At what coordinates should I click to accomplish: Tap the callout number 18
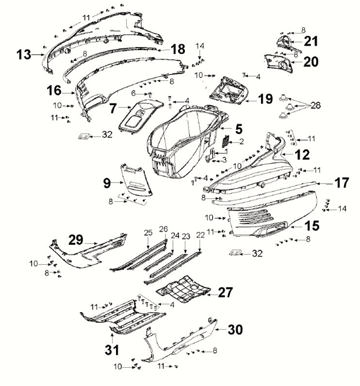click(x=178, y=49)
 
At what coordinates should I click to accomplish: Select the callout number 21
click(x=311, y=41)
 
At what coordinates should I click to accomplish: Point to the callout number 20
click(x=311, y=62)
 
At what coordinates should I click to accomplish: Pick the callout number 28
click(x=332, y=106)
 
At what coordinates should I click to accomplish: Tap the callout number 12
click(x=303, y=153)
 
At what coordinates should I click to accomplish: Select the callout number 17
click(x=341, y=183)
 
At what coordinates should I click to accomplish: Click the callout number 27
click(x=226, y=292)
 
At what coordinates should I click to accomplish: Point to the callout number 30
click(x=235, y=329)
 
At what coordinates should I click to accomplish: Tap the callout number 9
click(x=107, y=182)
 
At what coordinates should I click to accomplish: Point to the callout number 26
click(x=164, y=229)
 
